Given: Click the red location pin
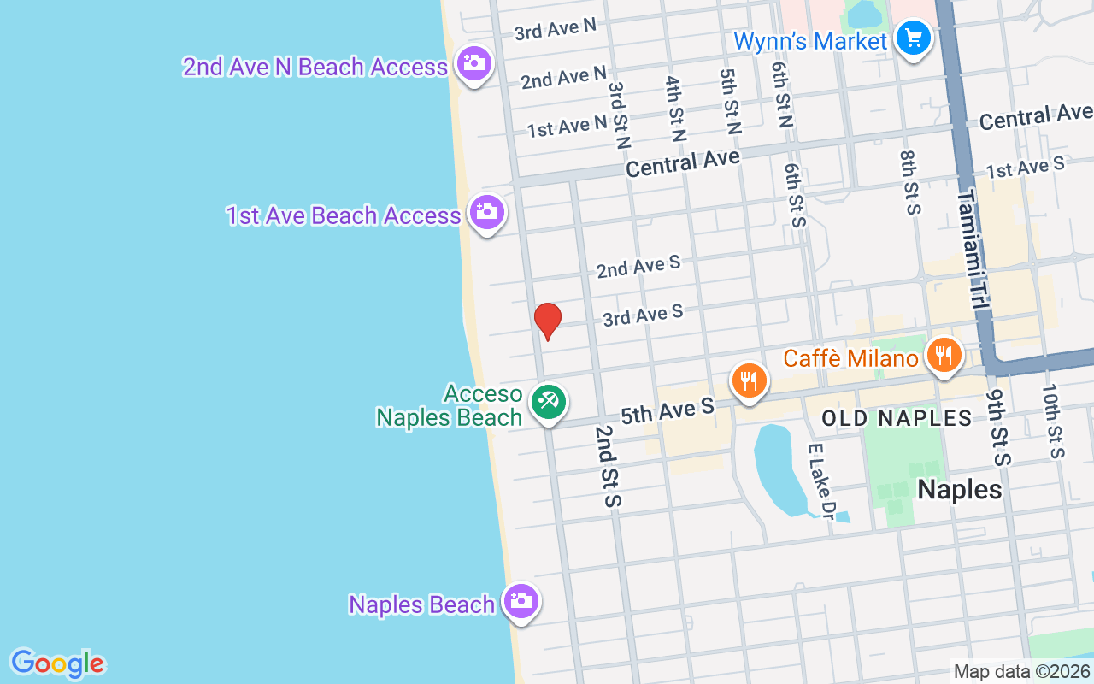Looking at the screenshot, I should [547, 321].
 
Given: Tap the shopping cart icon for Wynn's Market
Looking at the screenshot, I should [913, 38].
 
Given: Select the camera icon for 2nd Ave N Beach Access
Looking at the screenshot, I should [473, 63].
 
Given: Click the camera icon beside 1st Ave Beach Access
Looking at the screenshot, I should [487, 211].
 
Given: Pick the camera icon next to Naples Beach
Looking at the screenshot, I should [521, 601].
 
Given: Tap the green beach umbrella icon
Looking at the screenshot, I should [547, 402].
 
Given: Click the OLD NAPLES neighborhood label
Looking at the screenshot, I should [897, 418].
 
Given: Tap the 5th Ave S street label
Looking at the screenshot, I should [667, 411].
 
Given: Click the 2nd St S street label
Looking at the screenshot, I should [608, 467].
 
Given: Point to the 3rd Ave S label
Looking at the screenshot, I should [643, 315].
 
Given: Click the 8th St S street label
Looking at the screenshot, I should [908, 182].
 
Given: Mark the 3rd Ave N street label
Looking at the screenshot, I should [555, 29].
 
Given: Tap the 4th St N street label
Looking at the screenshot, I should [675, 109].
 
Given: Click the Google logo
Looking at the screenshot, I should [57, 663].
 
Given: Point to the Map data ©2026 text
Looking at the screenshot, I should [1021, 672].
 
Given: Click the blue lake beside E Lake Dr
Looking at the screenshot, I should [778, 466].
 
